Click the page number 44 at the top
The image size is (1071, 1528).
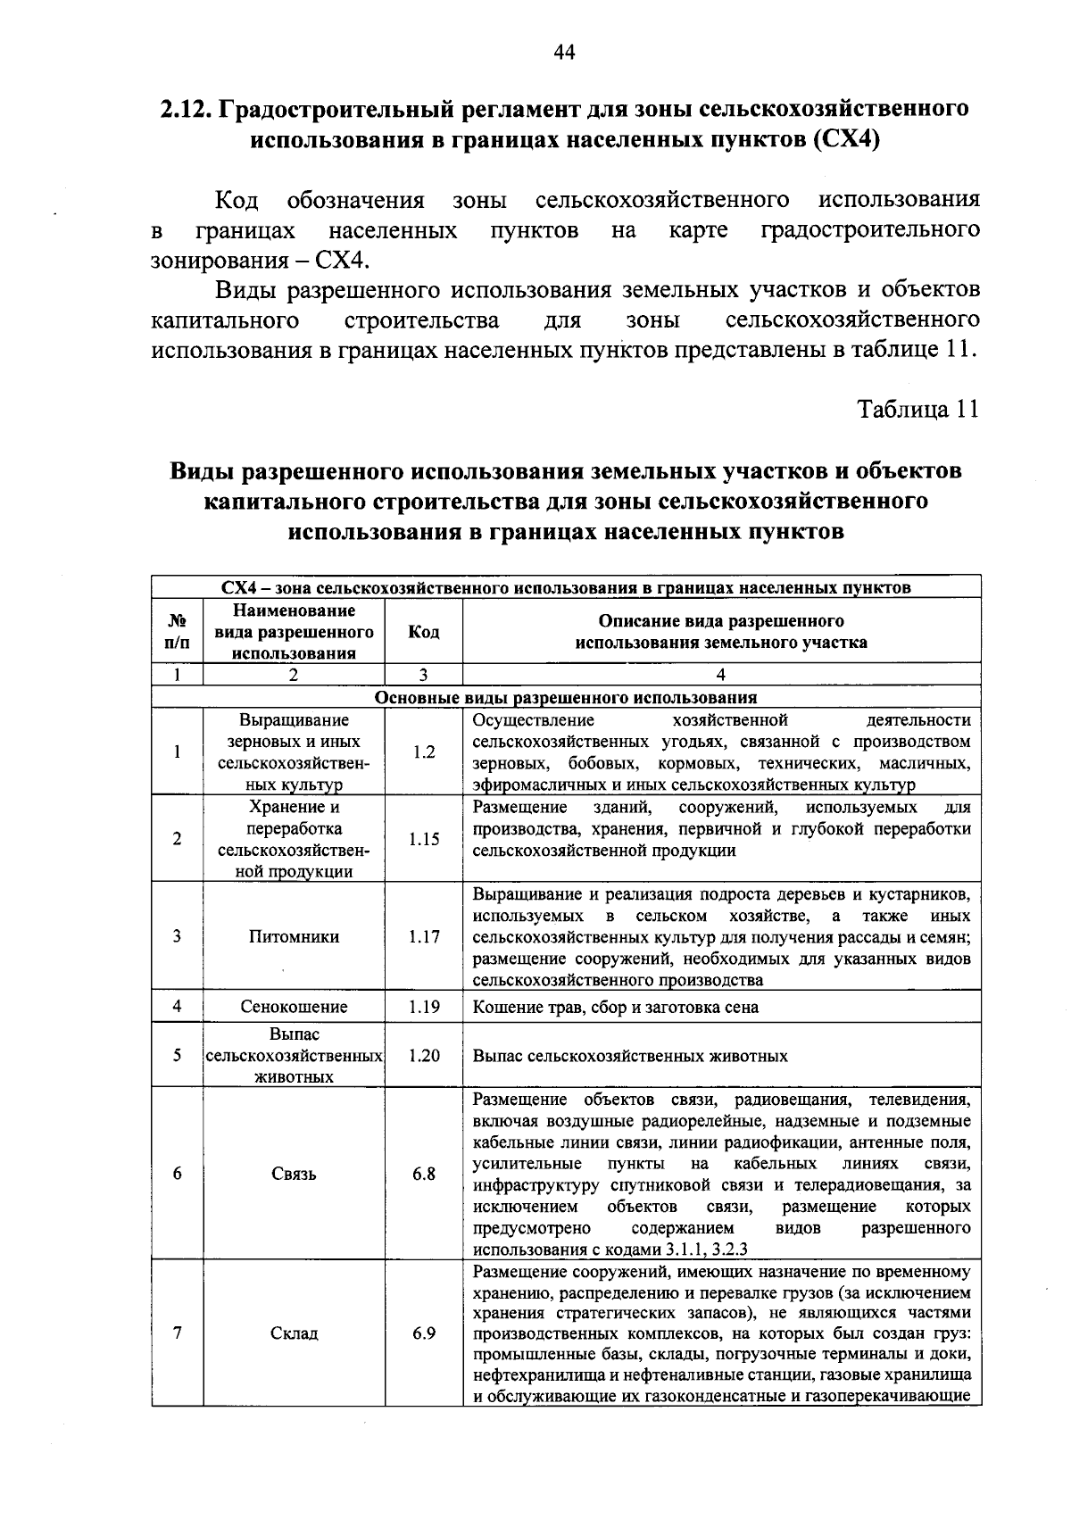(x=564, y=53)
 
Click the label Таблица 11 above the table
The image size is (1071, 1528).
(x=918, y=409)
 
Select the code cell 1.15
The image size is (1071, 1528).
(x=424, y=839)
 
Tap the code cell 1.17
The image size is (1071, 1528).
(x=424, y=937)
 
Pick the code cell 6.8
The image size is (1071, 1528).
(x=424, y=1174)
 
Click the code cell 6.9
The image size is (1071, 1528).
(x=424, y=1333)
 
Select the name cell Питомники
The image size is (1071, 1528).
(x=294, y=937)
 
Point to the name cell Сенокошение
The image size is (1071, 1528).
(x=294, y=1007)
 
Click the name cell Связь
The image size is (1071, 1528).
(x=294, y=1174)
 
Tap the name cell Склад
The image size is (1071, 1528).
(x=294, y=1333)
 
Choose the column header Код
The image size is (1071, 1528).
(x=424, y=632)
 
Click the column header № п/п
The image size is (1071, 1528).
(x=178, y=632)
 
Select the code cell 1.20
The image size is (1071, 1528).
(x=424, y=1055)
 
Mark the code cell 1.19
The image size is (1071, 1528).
(x=424, y=1007)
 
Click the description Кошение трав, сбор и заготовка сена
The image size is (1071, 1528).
(x=616, y=1007)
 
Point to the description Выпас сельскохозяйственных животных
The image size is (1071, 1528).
(x=630, y=1056)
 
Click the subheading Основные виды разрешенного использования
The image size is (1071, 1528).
(x=566, y=698)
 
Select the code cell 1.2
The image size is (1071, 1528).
(x=424, y=752)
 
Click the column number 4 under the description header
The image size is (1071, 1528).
(x=721, y=676)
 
